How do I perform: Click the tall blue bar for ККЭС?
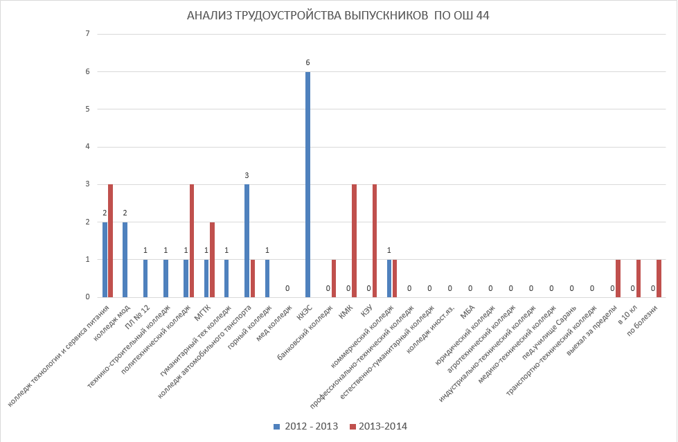pos(307,184)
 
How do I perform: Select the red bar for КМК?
pos(354,240)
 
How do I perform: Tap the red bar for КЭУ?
pos(375,240)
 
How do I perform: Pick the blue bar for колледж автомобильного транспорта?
pos(247,240)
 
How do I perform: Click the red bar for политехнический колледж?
pos(192,240)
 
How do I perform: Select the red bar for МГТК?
pos(212,260)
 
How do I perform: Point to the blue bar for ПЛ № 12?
pos(145,279)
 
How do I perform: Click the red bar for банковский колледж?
pos(334,279)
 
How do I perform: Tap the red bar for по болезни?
pos(659,279)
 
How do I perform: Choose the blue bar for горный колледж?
pos(267,279)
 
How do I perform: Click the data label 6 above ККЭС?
pos(307,63)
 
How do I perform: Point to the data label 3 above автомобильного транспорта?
pos(247,176)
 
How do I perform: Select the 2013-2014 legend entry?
pos(378,426)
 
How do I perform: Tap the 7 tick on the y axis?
pos(88,34)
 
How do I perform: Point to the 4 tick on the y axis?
pos(88,147)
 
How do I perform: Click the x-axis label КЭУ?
pos(366,312)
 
